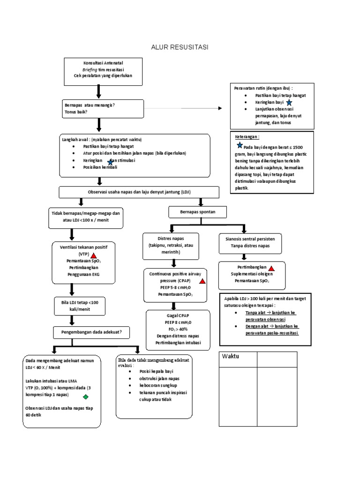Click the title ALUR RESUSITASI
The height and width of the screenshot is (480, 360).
point(180,47)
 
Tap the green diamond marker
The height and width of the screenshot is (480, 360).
point(85,397)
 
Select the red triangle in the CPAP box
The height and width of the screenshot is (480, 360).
point(202,281)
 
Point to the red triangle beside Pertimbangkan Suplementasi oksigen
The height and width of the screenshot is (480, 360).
point(271,268)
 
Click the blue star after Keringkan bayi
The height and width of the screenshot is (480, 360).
point(289,102)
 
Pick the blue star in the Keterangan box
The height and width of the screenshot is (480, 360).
point(240,146)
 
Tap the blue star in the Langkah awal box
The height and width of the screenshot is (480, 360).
point(110,162)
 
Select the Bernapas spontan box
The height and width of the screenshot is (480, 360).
point(198,212)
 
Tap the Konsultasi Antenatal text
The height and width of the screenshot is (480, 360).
point(103,63)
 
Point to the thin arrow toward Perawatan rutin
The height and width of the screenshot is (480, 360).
point(183,108)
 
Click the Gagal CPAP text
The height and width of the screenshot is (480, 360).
point(178,315)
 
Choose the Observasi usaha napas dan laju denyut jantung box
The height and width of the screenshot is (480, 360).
point(138,192)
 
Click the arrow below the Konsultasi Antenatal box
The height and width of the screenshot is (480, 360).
point(98,91)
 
